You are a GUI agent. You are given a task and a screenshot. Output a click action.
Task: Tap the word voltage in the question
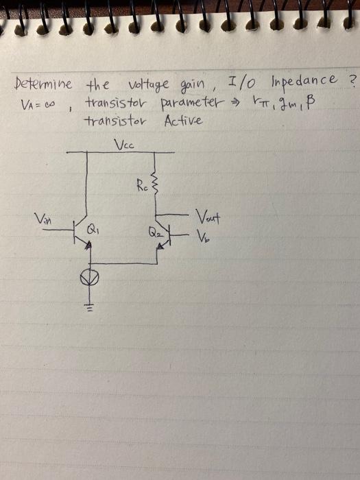tap(149, 84)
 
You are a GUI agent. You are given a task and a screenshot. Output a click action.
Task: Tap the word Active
tap(183, 121)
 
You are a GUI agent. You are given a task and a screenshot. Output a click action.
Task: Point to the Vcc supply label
tap(123, 144)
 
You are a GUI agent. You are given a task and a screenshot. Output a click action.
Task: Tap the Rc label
tap(142, 186)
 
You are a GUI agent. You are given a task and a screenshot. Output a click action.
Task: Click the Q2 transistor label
tap(154, 230)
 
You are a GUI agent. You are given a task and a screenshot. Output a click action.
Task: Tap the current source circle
tap(89, 277)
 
